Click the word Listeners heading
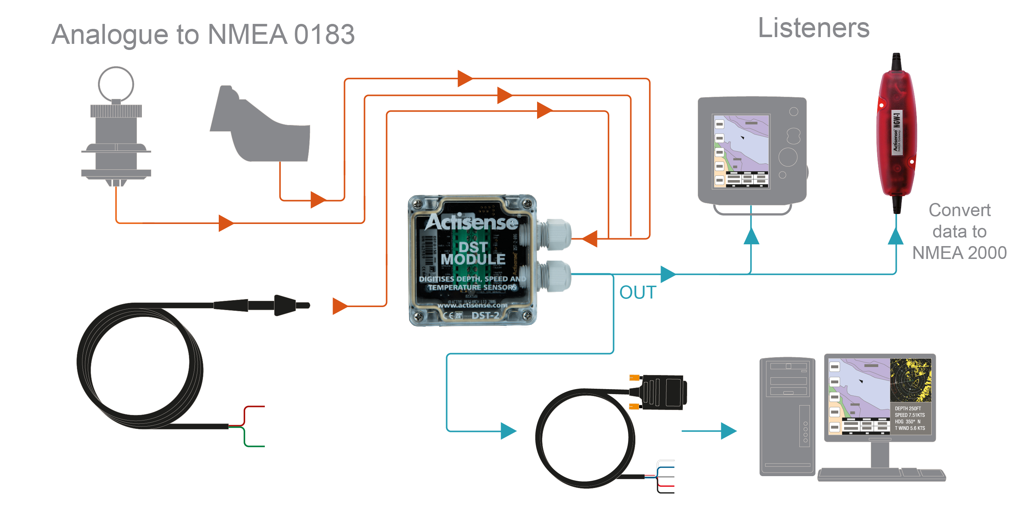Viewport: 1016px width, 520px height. pyautogui.click(x=813, y=29)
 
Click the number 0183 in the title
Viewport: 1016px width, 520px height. pyautogui.click(x=324, y=35)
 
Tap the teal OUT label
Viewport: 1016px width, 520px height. pyautogui.click(x=637, y=292)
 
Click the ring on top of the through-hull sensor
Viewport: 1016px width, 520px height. pyautogui.click(x=116, y=83)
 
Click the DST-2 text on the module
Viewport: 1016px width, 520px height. pyautogui.click(x=485, y=315)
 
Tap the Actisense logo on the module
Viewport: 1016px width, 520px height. pyautogui.click(x=471, y=222)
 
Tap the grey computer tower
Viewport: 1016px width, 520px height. pyautogui.click(x=787, y=416)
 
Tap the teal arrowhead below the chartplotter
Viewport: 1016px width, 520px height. pyautogui.click(x=751, y=236)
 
